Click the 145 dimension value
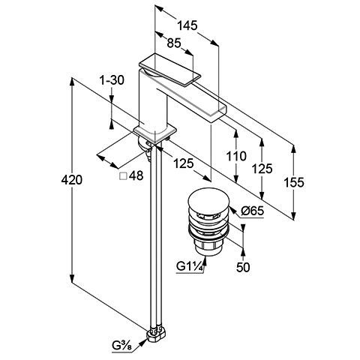187,25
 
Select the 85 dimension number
174,43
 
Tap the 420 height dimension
71,180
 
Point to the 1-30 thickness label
112,80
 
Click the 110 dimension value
236,156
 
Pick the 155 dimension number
294,182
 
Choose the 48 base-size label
136,175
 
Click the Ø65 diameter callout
253,211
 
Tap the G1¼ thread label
189,266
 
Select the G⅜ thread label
122,346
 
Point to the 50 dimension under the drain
243,267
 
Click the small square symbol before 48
123,176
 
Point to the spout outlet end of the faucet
218,114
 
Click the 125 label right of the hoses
183,163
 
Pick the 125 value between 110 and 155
262,169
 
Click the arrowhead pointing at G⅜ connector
142,342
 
